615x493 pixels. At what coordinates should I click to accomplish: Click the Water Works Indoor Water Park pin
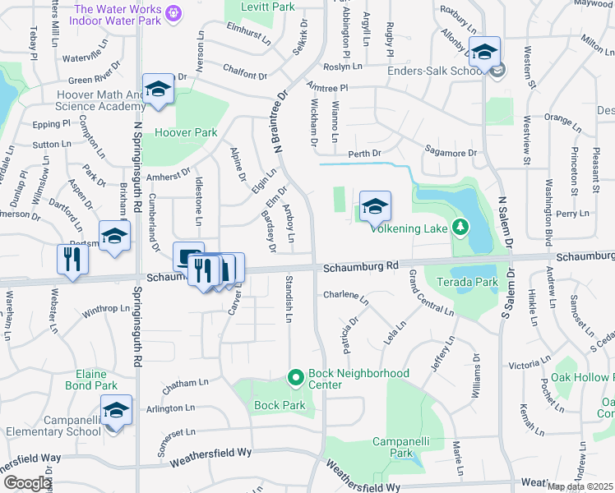(x=173, y=13)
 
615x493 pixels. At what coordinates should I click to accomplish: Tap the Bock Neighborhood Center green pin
(x=296, y=377)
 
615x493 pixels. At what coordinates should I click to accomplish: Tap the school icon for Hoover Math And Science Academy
(x=157, y=89)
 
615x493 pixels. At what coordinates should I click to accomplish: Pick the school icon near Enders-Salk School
(x=484, y=52)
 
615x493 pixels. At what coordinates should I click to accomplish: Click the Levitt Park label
(x=256, y=7)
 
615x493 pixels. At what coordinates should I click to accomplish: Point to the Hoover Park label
(x=186, y=132)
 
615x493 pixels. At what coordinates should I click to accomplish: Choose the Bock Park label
(x=280, y=405)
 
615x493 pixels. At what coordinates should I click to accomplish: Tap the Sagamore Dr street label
(x=450, y=152)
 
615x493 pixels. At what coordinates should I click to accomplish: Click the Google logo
(x=26, y=483)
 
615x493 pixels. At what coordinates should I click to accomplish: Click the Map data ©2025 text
(x=580, y=486)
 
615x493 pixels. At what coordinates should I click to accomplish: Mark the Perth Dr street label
(x=364, y=154)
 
